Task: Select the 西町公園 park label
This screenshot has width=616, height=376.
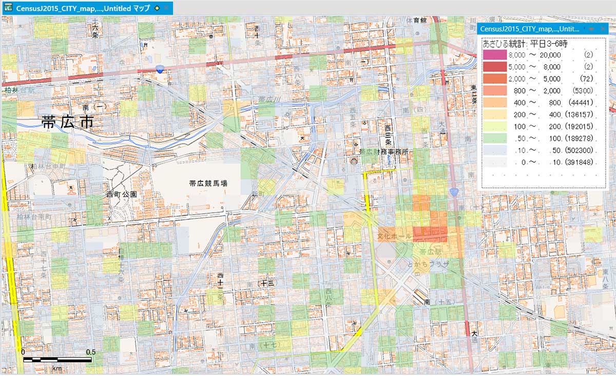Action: pos(121,195)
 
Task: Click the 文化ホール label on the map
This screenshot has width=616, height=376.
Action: pos(394,236)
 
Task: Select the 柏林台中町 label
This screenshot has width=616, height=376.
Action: pos(47,166)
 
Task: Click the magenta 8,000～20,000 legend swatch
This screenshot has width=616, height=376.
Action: pos(493,55)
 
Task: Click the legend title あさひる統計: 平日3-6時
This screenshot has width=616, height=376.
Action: pos(524,45)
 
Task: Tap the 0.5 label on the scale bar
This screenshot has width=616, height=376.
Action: pos(90,352)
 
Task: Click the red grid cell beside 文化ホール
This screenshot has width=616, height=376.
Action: pos(430,234)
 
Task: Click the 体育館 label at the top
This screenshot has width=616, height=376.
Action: pos(417,21)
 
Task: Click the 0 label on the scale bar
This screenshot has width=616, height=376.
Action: pos(23,352)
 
